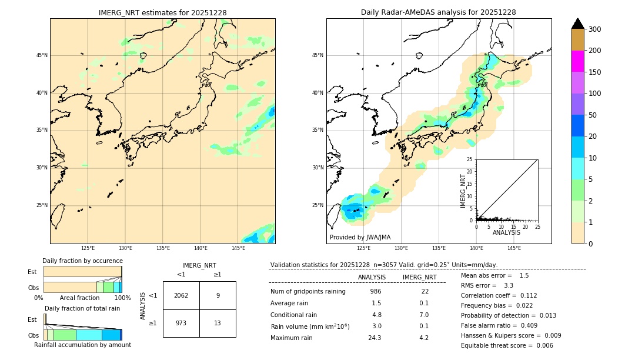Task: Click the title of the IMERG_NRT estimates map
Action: point(162,12)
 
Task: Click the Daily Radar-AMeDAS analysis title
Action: point(439,12)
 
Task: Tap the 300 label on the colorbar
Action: point(594,29)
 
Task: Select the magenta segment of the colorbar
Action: point(577,61)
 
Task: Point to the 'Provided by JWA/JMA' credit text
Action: point(360,237)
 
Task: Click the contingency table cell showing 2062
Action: point(181,295)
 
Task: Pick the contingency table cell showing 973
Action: point(181,324)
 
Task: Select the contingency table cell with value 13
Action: point(218,324)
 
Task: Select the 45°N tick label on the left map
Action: point(42,55)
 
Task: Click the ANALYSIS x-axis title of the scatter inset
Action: point(506,232)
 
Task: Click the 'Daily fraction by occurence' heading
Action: point(82,261)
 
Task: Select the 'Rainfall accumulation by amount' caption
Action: point(82,345)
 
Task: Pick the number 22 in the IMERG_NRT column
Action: point(425,291)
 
